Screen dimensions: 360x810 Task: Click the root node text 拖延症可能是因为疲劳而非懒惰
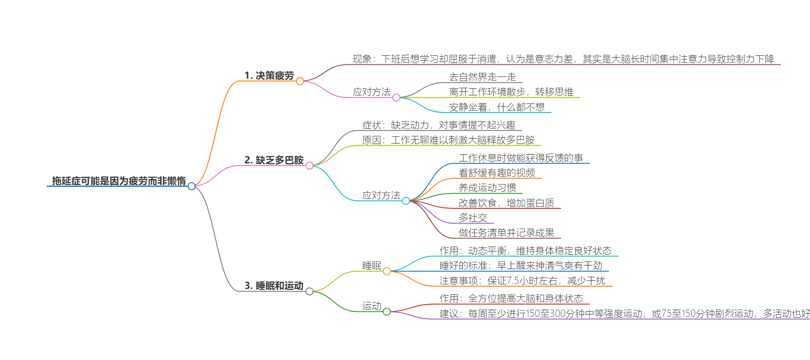tap(119, 181)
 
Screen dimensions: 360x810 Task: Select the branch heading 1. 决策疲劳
tap(269, 76)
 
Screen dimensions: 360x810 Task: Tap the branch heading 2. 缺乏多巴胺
tap(274, 160)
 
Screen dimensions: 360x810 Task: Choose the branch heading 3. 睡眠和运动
tap(274, 286)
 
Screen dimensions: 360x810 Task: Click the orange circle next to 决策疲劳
tap(300, 81)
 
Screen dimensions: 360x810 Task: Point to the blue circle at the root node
tap(192, 186)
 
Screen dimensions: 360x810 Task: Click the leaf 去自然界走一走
tap(482, 77)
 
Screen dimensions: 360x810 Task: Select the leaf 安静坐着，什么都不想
tap(497, 107)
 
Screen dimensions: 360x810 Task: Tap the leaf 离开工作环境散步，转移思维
tap(511, 92)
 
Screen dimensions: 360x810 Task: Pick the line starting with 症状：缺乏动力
tap(439, 125)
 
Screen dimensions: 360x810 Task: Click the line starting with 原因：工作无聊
tap(448, 140)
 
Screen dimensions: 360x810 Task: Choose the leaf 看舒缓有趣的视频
tap(497, 173)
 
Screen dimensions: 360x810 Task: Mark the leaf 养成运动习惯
tap(487, 188)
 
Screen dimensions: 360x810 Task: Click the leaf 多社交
tap(473, 218)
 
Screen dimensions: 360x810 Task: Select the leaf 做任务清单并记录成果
tap(506, 233)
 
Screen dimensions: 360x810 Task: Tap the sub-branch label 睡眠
tap(372, 265)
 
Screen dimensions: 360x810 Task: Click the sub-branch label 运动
tap(372, 306)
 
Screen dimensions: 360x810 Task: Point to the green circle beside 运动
tap(387, 311)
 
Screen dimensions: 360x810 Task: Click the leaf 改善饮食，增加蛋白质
tap(506, 203)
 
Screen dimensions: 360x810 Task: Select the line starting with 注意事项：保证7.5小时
tap(522, 281)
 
